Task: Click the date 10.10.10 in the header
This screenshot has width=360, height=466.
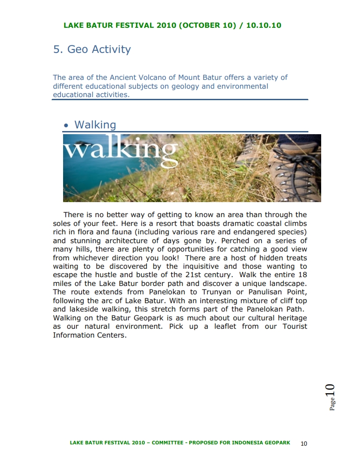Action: tap(263, 25)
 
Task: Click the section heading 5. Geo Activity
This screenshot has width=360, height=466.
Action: tap(92, 49)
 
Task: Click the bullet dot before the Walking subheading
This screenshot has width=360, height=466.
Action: tap(66, 126)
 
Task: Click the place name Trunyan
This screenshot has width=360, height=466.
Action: tap(217, 292)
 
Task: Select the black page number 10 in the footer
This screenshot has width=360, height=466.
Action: tap(304, 443)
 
